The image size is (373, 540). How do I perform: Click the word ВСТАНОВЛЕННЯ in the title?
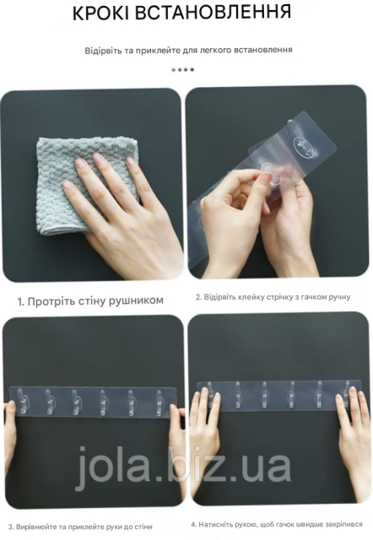212,12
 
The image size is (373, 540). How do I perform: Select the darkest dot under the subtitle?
192,70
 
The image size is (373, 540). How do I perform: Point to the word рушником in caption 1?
136,300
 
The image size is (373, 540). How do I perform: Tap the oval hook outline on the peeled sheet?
305,148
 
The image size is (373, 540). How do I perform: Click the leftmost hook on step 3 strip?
20,401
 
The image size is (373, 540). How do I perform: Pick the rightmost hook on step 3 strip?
159,402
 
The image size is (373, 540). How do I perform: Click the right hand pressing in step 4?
354,440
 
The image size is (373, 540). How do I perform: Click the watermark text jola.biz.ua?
182,467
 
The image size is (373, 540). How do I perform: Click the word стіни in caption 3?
143,526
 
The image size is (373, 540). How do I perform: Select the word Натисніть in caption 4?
216,525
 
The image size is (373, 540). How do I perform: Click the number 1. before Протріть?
21,302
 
